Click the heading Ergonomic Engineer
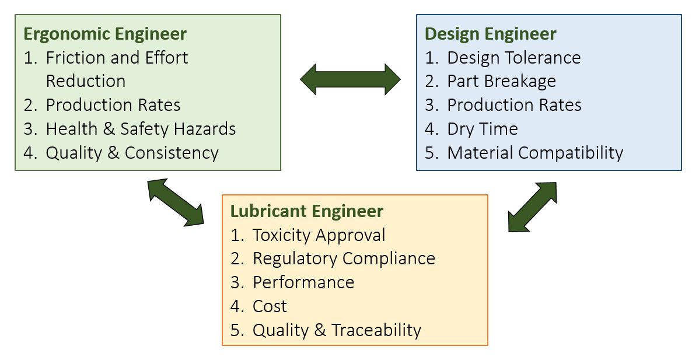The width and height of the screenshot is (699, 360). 105,33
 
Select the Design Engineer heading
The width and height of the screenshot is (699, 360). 490,33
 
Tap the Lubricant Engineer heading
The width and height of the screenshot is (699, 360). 306,211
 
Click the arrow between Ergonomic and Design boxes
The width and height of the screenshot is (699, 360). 350,79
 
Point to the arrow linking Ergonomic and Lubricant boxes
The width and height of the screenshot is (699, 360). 176,202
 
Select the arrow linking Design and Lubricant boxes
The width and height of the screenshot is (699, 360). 532,207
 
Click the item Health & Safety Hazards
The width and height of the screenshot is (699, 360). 141,128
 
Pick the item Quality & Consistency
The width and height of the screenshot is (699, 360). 132,152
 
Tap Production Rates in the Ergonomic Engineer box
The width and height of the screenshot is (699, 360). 113,104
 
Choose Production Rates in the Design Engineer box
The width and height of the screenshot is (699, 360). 514,104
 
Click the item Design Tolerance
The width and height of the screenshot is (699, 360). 513,57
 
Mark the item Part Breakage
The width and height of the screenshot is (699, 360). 501,81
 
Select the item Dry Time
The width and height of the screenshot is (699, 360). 482,128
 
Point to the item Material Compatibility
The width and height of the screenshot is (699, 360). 534,152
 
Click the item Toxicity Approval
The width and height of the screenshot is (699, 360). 319,235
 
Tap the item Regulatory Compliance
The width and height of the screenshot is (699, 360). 344,258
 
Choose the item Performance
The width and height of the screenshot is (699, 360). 303,282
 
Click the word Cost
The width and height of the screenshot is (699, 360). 270,306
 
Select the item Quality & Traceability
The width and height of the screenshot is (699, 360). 337,330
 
